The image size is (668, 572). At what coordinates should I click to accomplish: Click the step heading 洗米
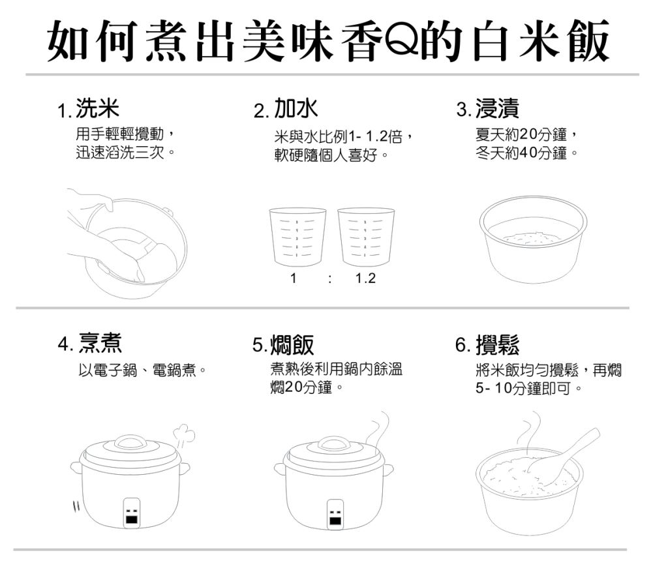tap(98, 108)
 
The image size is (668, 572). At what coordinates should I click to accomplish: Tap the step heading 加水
tap(296, 108)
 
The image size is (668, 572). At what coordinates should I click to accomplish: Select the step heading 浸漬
tap(497, 108)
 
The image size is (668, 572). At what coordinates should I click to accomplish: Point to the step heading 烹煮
tap(100, 343)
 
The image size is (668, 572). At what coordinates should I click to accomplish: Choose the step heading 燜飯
tap(292, 344)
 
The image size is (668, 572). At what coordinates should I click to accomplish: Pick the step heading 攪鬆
tap(498, 344)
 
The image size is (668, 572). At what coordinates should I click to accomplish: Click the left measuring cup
tap(297, 236)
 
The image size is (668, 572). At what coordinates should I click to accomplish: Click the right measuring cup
tap(366, 236)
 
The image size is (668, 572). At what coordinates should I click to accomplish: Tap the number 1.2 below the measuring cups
tap(365, 278)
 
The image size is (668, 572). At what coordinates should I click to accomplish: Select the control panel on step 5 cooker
tap(336, 513)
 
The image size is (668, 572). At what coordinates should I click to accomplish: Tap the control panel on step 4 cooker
tap(132, 513)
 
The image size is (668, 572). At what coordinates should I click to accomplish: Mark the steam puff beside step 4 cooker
tap(185, 434)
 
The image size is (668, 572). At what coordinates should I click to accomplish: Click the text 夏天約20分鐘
tap(521, 134)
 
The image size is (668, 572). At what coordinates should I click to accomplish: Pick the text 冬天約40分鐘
tap(521, 153)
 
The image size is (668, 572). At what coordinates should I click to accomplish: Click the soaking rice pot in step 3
tap(533, 239)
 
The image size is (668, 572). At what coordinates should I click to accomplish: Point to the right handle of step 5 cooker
tap(387, 471)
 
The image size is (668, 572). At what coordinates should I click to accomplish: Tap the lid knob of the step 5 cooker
tap(335, 444)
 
